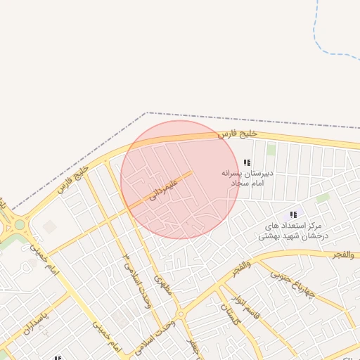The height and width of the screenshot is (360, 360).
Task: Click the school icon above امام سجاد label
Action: tap(247, 162)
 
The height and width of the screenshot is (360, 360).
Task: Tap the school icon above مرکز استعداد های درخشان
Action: tap(293, 214)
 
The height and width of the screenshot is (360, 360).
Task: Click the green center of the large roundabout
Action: tap(19, 226)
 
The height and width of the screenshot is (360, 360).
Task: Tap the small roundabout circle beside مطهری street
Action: tap(181, 314)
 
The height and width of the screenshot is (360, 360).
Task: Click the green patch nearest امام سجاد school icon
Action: tap(271, 149)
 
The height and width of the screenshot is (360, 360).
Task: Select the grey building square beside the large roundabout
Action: tap(49, 226)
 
